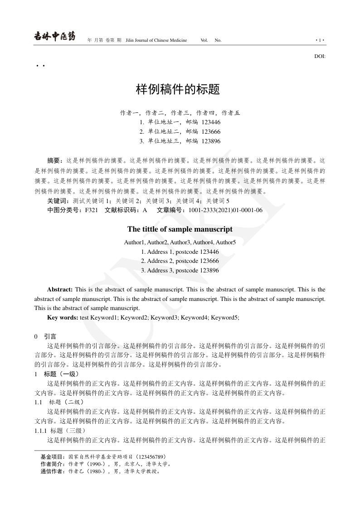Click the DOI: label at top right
pos(320,57)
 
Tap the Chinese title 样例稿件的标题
pos(178,89)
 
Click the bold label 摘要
pos(55,160)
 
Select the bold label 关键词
pos(58,201)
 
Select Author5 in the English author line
pos(226,242)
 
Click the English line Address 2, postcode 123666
pos(180,261)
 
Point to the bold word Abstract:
pos(60,289)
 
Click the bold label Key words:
pos(63,318)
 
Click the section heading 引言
pos(50,336)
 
